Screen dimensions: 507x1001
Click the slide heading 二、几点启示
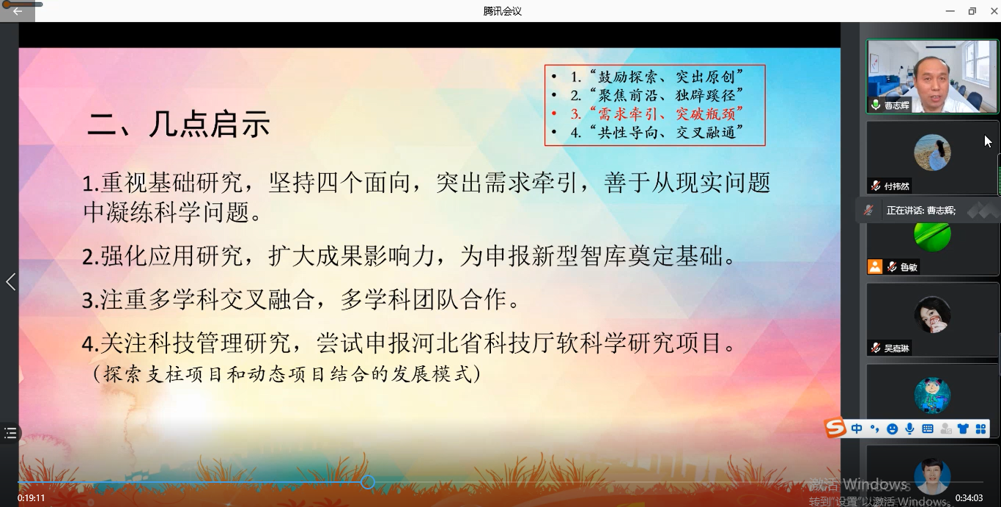(179, 124)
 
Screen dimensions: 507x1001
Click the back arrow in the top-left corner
(18, 11)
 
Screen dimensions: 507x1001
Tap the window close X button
(994, 11)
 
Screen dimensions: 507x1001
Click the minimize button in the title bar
(950, 11)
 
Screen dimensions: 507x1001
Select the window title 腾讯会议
(502, 11)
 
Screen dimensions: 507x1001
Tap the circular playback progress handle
(368, 482)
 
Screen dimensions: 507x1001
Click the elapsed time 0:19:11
(32, 498)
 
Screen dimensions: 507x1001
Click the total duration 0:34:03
(969, 498)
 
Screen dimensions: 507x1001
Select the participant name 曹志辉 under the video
(896, 106)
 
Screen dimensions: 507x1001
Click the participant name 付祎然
(896, 186)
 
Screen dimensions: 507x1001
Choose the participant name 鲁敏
(909, 268)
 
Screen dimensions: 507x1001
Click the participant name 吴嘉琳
(896, 349)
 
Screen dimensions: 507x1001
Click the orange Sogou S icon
(835, 428)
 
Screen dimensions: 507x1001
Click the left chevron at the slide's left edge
(10, 282)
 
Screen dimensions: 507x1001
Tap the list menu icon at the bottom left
(10, 433)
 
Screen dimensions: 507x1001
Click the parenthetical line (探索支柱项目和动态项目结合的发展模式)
(287, 374)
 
